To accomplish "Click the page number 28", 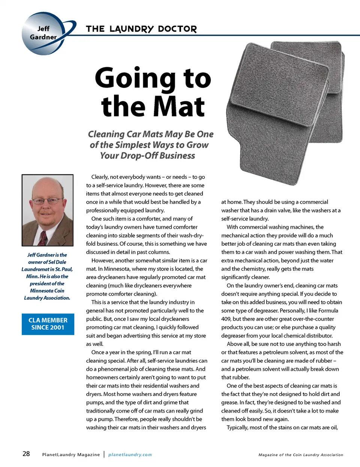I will [26, 454].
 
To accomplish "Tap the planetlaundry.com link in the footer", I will [130, 455].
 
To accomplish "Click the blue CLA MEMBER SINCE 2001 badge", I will [48, 324].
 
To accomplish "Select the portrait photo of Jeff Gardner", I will [48, 210].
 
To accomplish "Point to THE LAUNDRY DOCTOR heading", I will [141, 29].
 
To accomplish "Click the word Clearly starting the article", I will [99, 177].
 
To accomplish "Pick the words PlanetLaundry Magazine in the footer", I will [71, 455].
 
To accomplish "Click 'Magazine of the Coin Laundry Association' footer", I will [301, 455].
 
